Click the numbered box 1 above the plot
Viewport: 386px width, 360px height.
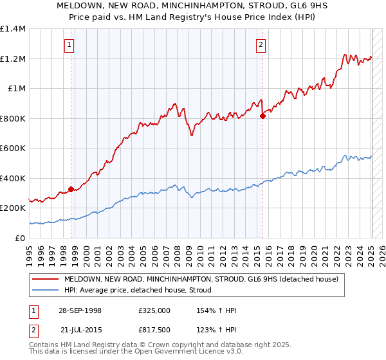click(x=68, y=44)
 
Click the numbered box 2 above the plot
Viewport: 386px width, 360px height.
click(x=261, y=44)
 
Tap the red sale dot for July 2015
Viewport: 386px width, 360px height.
click(x=262, y=116)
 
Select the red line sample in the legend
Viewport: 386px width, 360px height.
click(x=46, y=279)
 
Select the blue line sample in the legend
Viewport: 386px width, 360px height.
click(x=46, y=291)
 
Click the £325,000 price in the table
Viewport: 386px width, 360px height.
click(x=154, y=310)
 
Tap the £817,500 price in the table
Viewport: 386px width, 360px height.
click(x=154, y=328)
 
